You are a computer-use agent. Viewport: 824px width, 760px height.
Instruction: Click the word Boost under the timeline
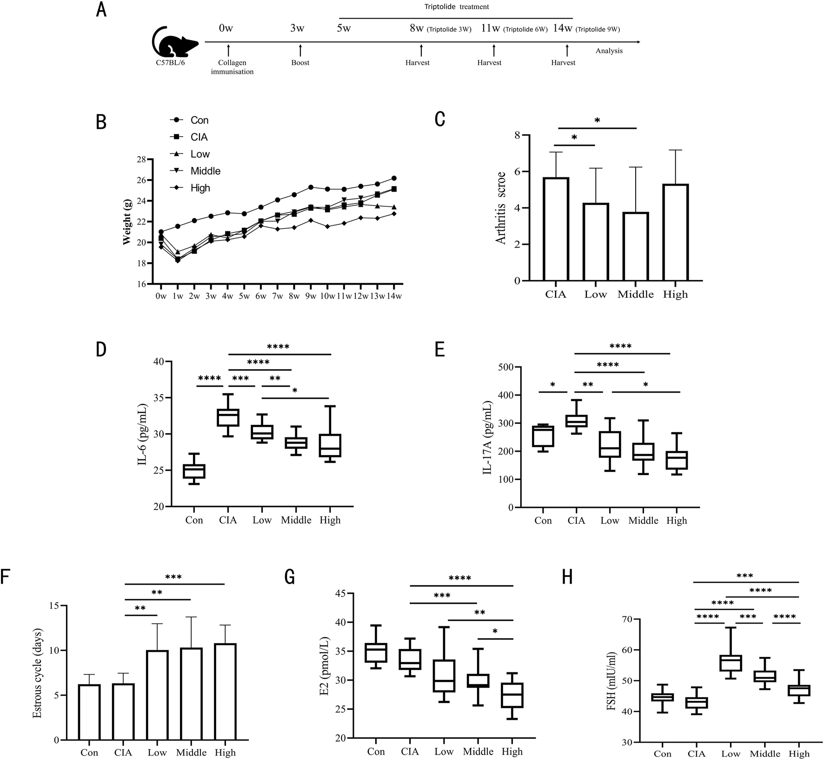[300, 63]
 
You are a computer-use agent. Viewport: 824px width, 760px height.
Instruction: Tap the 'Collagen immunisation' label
[232, 67]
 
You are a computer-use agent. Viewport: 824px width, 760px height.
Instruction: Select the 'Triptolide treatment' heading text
[457, 7]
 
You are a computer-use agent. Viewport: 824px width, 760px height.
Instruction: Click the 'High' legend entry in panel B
[200, 188]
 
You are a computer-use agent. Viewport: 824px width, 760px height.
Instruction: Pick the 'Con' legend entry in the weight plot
[199, 120]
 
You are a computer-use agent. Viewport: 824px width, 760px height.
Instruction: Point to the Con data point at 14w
[394, 178]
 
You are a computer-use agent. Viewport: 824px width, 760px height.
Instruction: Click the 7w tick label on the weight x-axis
[277, 296]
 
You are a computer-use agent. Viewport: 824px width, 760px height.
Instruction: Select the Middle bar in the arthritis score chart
[635, 246]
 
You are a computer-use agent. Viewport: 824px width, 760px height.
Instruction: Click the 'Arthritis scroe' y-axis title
[500, 207]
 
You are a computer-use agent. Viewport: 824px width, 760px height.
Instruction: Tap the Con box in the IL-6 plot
[194, 471]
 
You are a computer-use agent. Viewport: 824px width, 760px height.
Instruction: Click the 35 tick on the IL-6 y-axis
[159, 398]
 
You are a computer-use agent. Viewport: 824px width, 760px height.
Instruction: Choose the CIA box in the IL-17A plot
[576, 421]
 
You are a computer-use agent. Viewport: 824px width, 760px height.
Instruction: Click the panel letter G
[290, 578]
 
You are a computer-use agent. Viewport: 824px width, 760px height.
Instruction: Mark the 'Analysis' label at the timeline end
[609, 51]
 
